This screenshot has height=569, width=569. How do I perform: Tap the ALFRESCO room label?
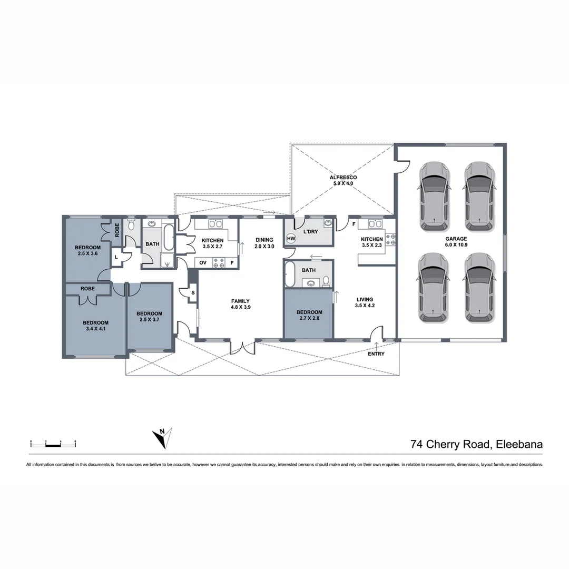pyautogui.click(x=343, y=181)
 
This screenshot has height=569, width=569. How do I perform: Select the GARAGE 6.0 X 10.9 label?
pyautogui.click(x=456, y=242)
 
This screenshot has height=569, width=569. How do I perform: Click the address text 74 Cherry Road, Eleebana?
pyautogui.click(x=476, y=444)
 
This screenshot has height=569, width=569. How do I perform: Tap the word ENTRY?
pyautogui.click(x=376, y=354)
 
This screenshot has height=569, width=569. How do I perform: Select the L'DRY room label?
pyautogui.click(x=311, y=231)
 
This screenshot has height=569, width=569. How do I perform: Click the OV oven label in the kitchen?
pyautogui.click(x=203, y=262)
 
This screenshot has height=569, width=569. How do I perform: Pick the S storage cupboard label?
pyautogui.click(x=193, y=292)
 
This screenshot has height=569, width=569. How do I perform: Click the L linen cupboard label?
pyautogui.click(x=116, y=257)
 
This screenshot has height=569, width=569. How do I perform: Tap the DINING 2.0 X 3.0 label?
pyautogui.click(x=264, y=243)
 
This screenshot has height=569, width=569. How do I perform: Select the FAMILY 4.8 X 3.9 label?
pyautogui.click(x=240, y=304)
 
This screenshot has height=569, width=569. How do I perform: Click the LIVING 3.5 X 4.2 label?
pyautogui.click(x=364, y=302)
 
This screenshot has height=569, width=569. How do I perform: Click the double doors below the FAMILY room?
pyautogui.click(x=242, y=348)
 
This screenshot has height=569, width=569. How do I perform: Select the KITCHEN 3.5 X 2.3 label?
pyautogui.click(x=372, y=242)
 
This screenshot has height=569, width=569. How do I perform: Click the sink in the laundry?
pyautogui.click(x=328, y=224)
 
